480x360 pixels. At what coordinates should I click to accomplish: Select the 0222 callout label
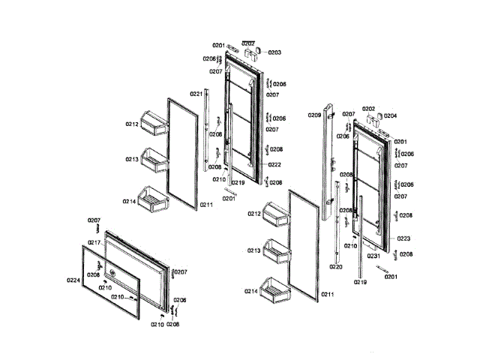(x=274, y=164)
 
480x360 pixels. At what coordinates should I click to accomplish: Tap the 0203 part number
(x=274, y=52)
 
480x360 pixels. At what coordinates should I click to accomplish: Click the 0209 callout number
(x=314, y=115)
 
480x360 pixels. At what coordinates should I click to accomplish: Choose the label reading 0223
(x=404, y=238)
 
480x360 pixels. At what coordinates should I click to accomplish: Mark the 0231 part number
(x=373, y=256)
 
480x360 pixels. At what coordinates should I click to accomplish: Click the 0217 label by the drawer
(x=94, y=242)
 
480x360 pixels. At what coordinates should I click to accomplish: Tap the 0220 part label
(x=335, y=266)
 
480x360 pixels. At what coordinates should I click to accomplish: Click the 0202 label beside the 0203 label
(x=248, y=43)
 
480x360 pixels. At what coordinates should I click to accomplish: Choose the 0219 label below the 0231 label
(x=361, y=282)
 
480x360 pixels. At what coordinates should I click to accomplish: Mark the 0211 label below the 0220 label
(x=327, y=295)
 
